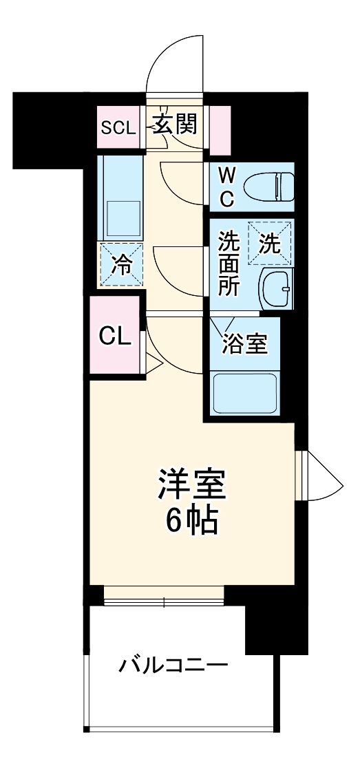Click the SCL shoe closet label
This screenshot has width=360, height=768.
coord(118,127)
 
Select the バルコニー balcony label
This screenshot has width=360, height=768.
coord(173,665)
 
